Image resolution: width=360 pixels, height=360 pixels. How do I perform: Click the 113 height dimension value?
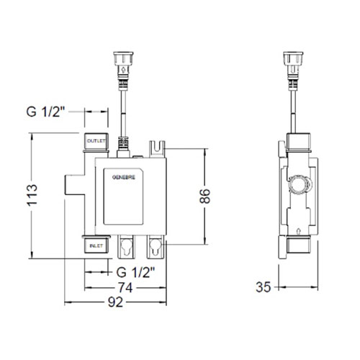32,195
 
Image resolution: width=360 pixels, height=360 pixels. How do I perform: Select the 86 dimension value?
204,196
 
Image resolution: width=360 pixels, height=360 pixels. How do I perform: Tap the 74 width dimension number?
125,287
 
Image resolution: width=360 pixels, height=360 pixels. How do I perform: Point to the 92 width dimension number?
115,302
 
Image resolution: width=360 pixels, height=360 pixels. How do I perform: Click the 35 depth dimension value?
263,287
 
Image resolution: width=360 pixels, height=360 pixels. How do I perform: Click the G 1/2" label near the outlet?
45,112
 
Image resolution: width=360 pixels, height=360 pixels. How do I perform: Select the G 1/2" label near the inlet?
135,272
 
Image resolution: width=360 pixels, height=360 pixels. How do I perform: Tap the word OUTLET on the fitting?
96,141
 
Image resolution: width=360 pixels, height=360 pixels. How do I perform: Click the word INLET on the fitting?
96,246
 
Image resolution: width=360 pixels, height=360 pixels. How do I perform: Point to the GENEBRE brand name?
124,177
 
